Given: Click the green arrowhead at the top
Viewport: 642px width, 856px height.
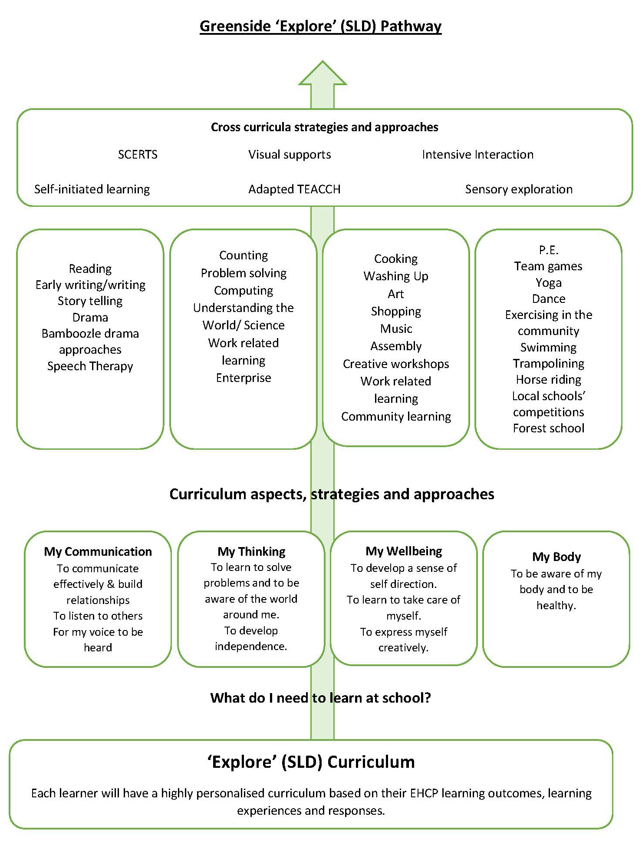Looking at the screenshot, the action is (x=323, y=74).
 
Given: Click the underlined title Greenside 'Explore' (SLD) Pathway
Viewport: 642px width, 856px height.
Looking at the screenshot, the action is (x=321, y=27).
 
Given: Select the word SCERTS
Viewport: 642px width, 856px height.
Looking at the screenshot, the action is (x=138, y=155).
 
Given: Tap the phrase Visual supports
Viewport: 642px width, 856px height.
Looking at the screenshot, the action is (x=290, y=155).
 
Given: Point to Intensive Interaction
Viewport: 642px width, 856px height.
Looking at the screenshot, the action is (x=477, y=155).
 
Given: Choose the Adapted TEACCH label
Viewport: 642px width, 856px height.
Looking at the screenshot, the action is (x=294, y=189).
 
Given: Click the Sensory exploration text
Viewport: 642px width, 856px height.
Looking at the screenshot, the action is (x=519, y=189).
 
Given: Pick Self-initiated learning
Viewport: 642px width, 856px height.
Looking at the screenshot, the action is (x=92, y=189).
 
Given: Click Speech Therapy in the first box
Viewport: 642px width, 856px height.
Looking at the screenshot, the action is (x=90, y=366).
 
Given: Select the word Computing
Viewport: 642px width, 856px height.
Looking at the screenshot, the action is (x=244, y=291).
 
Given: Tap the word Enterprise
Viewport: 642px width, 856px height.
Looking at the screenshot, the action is (x=244, y=378).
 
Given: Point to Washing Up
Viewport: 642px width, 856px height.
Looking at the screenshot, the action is (x=396, y=276).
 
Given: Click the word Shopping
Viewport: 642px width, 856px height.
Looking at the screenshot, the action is (x=396, y=312).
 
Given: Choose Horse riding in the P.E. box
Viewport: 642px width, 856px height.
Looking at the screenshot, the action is (x=549, y=380).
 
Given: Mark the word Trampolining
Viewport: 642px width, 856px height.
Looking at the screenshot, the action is (x=549, y=364).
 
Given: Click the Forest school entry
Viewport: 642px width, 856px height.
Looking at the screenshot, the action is (x=549, y=428).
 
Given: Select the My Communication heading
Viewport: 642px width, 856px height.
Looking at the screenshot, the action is (x=98, y=552).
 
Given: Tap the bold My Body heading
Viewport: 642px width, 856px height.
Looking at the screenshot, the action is (x=556, y=557).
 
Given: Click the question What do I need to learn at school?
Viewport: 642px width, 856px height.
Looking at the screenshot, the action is (x=321, y=698).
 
